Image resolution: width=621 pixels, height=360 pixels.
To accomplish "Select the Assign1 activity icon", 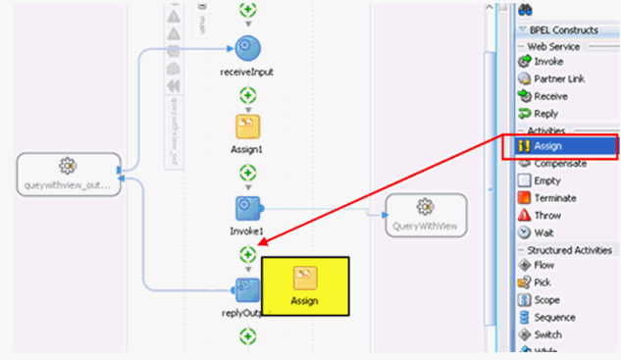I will click(x=247, y=128).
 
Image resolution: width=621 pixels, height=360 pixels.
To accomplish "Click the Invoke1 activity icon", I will click(x=247, y=208).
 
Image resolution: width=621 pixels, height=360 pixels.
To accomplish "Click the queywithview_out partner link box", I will click(x=68, y=172).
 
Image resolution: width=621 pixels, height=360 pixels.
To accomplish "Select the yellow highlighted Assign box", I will click(x=304, y=287).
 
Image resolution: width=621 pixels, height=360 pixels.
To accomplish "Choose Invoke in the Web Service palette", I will click(x=547, y=62).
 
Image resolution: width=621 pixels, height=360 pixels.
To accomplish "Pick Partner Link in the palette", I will click(x=558, y=79).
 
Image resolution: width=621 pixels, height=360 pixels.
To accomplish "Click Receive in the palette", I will click(x=550, y=96).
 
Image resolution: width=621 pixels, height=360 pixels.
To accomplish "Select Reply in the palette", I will click(x=545, y=114).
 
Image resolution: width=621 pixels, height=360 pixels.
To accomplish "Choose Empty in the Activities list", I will click(x=546, y=180).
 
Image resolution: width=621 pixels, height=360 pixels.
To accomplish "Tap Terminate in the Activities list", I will click(x=554, y=198).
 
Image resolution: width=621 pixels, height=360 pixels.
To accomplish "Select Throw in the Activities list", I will click(x=546, y=215).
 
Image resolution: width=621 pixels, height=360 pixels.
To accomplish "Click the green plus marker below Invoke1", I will click(x=248, y=254).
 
